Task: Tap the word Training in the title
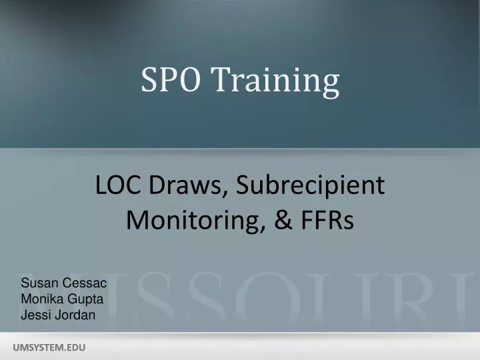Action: click(276, 81)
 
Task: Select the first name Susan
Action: click(37, 283)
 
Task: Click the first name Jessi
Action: click(35, 315)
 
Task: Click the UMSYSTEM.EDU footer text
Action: click(50, 347)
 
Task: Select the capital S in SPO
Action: click(148, 80)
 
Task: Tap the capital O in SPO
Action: click(192, 80)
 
